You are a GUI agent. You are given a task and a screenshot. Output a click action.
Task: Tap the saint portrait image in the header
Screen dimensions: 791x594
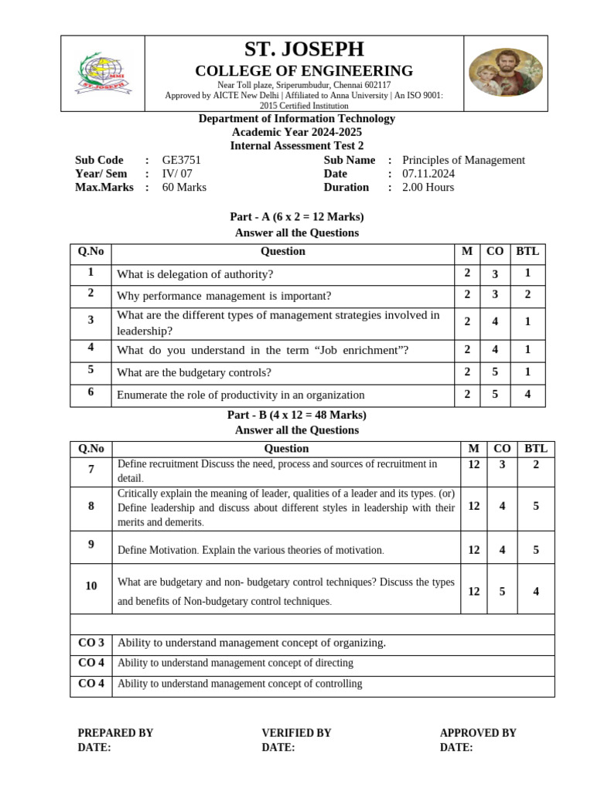click(x=504, y=73)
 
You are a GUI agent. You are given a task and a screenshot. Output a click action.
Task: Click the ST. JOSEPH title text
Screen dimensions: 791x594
click(x=304, y=49)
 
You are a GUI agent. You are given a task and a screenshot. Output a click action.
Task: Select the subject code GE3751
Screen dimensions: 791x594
click(x=181, y=160)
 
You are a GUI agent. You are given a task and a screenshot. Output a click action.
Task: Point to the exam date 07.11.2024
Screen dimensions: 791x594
click(x=434, y=174)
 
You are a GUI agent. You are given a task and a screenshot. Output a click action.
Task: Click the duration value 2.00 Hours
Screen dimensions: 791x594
click(x=428, y=187)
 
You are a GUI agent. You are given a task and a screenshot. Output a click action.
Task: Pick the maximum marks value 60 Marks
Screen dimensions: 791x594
click(x=184, y=187)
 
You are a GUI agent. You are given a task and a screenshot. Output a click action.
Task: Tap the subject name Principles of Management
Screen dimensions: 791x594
click(x=463, y=160)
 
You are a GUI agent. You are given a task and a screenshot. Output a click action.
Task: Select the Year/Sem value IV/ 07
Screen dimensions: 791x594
click(x=177, y=174)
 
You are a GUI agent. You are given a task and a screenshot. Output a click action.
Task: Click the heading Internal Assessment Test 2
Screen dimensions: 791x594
click(x=297, y=145)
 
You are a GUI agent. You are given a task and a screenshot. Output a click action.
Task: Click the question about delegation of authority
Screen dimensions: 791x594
click(x=195, y=274)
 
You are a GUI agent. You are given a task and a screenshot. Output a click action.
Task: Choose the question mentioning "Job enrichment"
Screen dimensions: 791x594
click(x=262, y=350)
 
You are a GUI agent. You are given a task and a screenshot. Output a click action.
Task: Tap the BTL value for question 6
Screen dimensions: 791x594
click(x=527, y=394)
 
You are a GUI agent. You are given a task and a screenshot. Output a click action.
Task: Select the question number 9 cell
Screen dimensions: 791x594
click(x=91, y=545)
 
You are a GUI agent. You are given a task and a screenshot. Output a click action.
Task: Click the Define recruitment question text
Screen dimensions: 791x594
click(x=277, y=470)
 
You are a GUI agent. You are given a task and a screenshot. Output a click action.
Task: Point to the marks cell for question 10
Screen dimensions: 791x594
click(x=474, y=591)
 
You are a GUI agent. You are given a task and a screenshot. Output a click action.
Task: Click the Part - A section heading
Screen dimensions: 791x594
click(x=297, y=217)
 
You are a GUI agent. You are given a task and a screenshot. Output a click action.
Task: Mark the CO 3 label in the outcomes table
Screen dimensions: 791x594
click(x=91, y=643)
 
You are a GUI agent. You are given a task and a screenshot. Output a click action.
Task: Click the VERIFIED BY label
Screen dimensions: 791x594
click(x=296, y=732)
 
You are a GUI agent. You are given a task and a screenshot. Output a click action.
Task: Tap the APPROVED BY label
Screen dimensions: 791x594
click(x=477, y=732)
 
